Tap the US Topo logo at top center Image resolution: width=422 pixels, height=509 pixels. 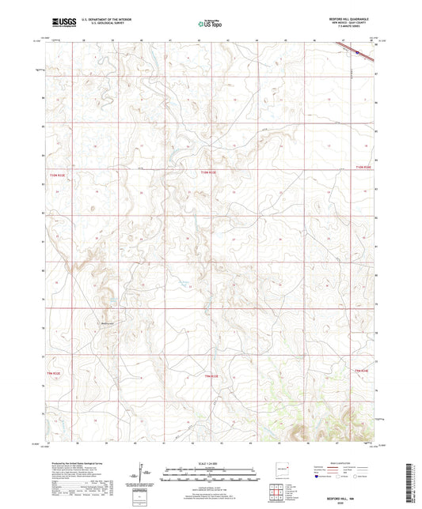[210, 24]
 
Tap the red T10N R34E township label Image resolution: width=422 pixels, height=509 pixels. [363, 167]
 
